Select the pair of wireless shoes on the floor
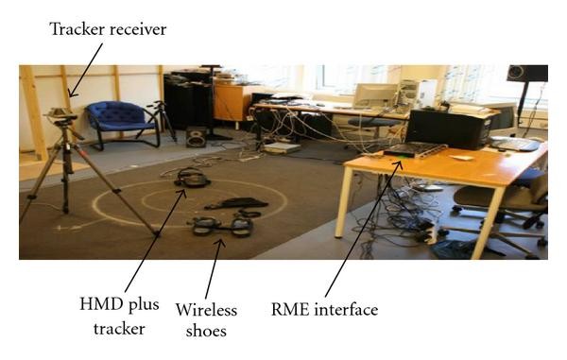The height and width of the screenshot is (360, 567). pos(222,225)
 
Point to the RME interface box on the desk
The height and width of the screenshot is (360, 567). pos(413,151)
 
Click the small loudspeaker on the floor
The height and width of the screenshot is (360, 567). pos(197,136)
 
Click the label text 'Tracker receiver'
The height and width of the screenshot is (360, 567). pos(108,30)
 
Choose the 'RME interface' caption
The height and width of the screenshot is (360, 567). pos(324,310)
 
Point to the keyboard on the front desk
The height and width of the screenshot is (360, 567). pos(514,145)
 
